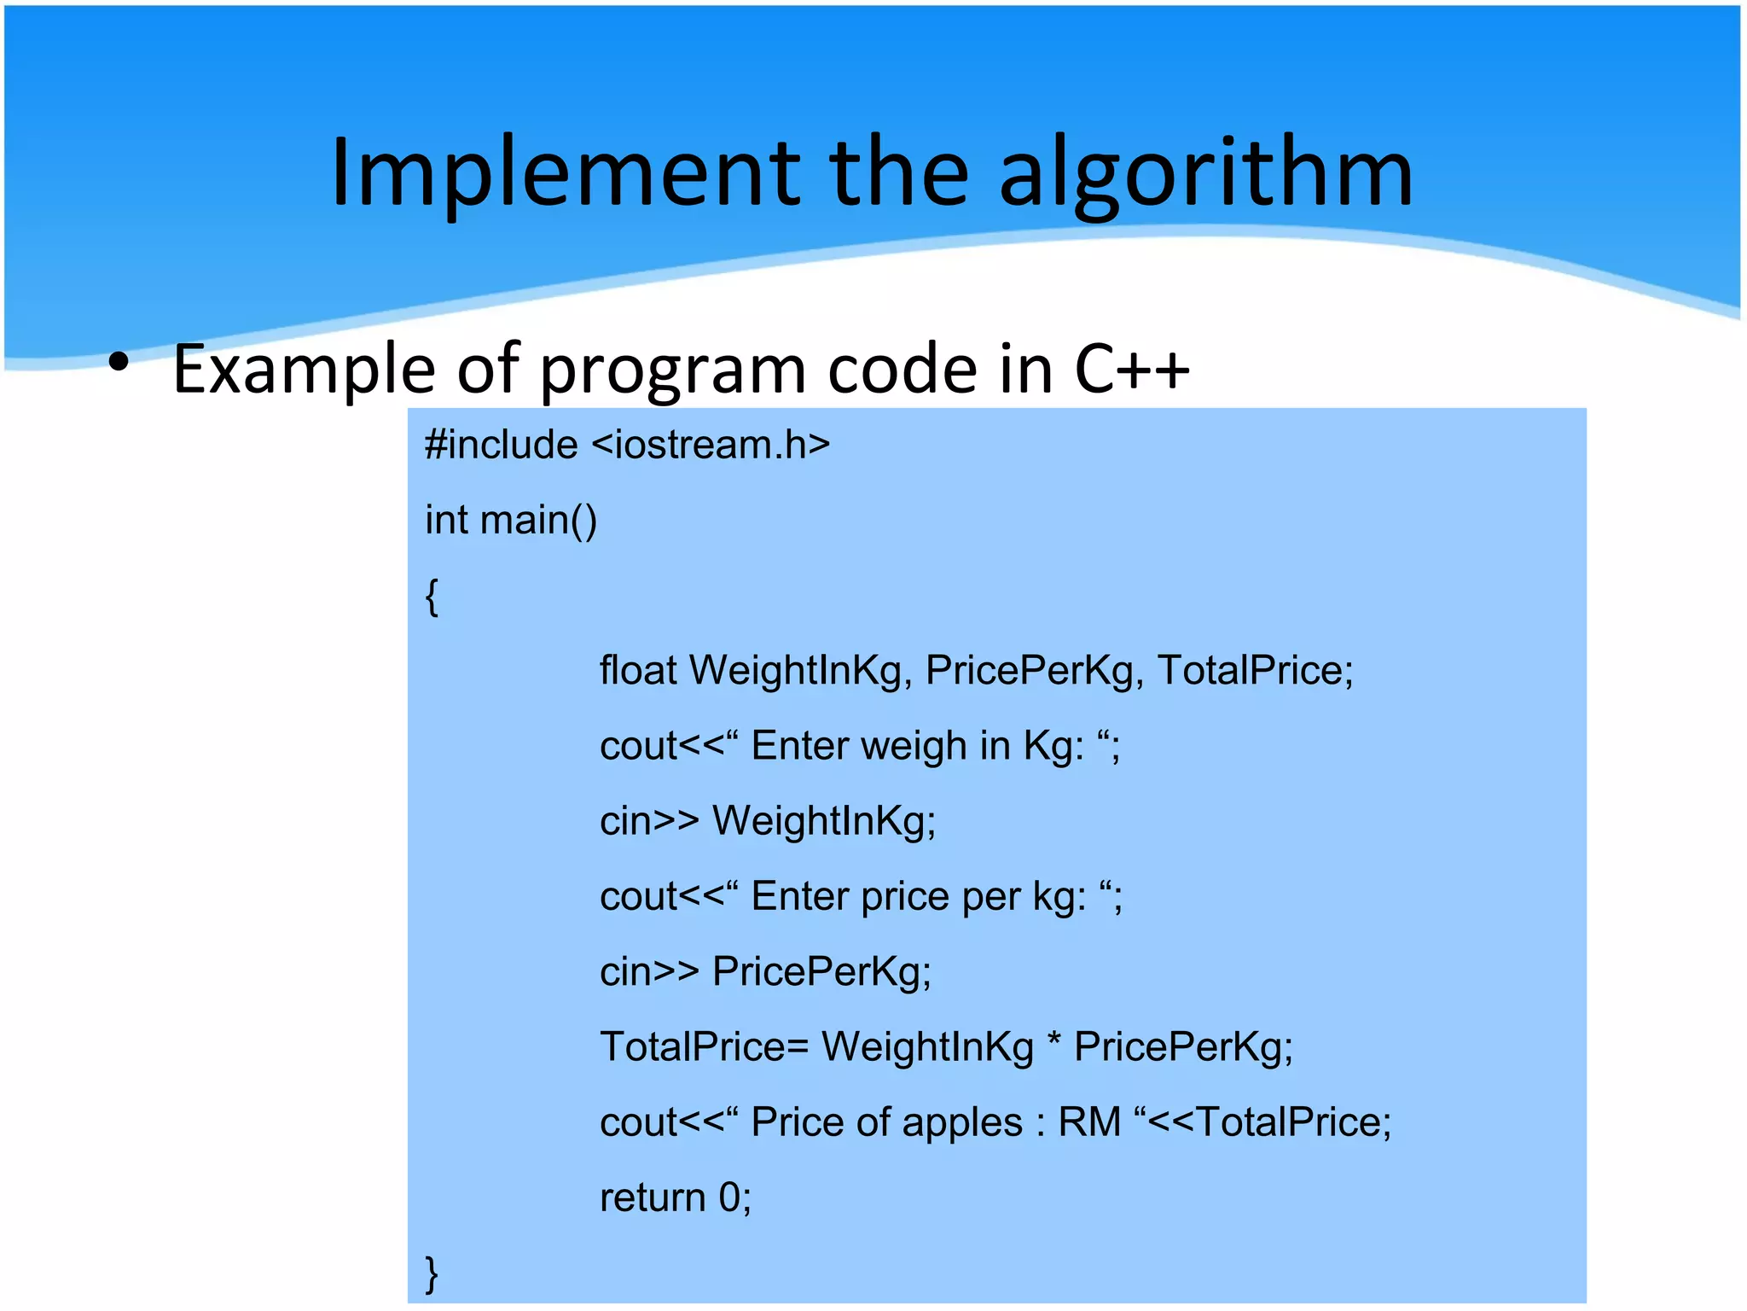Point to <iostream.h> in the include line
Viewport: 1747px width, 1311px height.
pyautogui.click(x=710, y=445)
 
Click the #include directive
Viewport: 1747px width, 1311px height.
pyautogui.click(x=501, y=445)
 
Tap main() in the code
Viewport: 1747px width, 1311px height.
pyautogui.click(x=538, y=520)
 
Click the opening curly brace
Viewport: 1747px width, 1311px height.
pyautogui.click(x=432, y=596)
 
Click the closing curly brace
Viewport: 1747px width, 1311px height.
pyautogui.click(x=432, y=1273)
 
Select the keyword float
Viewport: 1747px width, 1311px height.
pyautogui.click(x=638, y=670)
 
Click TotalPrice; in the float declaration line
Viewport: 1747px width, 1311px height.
pyautogui.click(x=1255, y=670)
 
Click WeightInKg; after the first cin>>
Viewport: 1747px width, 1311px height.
pyautogui.click(x=824, y=821)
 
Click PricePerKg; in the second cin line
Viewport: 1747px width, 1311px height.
pyautogui.click(x=821, y=971)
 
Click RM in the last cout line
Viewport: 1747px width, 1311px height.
pyautogui.click(x=1088, y=1122)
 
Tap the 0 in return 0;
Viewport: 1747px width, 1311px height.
pyautogui.click(x=729, y=1197)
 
